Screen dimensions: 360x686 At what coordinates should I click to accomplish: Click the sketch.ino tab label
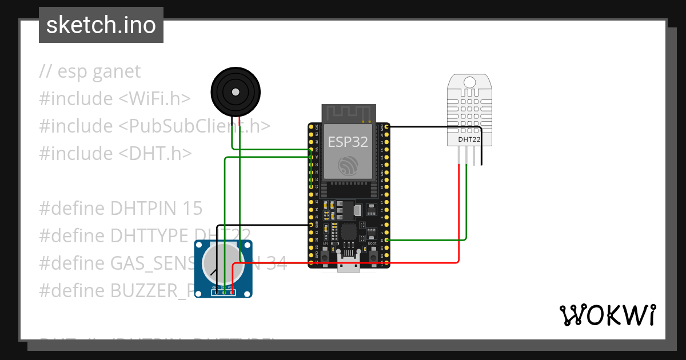tap(101, 25)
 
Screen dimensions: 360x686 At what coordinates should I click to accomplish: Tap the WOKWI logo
tap(607, 315)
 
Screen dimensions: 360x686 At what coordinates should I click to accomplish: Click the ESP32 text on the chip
tap(348, 142)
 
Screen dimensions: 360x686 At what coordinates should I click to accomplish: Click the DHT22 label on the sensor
tap(469, 139)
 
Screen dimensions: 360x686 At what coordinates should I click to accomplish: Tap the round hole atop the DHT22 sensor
tap(469, 82)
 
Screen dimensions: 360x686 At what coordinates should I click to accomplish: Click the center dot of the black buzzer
tap(235, 91)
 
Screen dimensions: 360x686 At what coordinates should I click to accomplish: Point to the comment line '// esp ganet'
tap(90, 71)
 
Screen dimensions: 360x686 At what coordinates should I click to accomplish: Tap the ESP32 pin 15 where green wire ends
tap(388, 240)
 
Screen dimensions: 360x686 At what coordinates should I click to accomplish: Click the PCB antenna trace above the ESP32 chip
tap(348, 113)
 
